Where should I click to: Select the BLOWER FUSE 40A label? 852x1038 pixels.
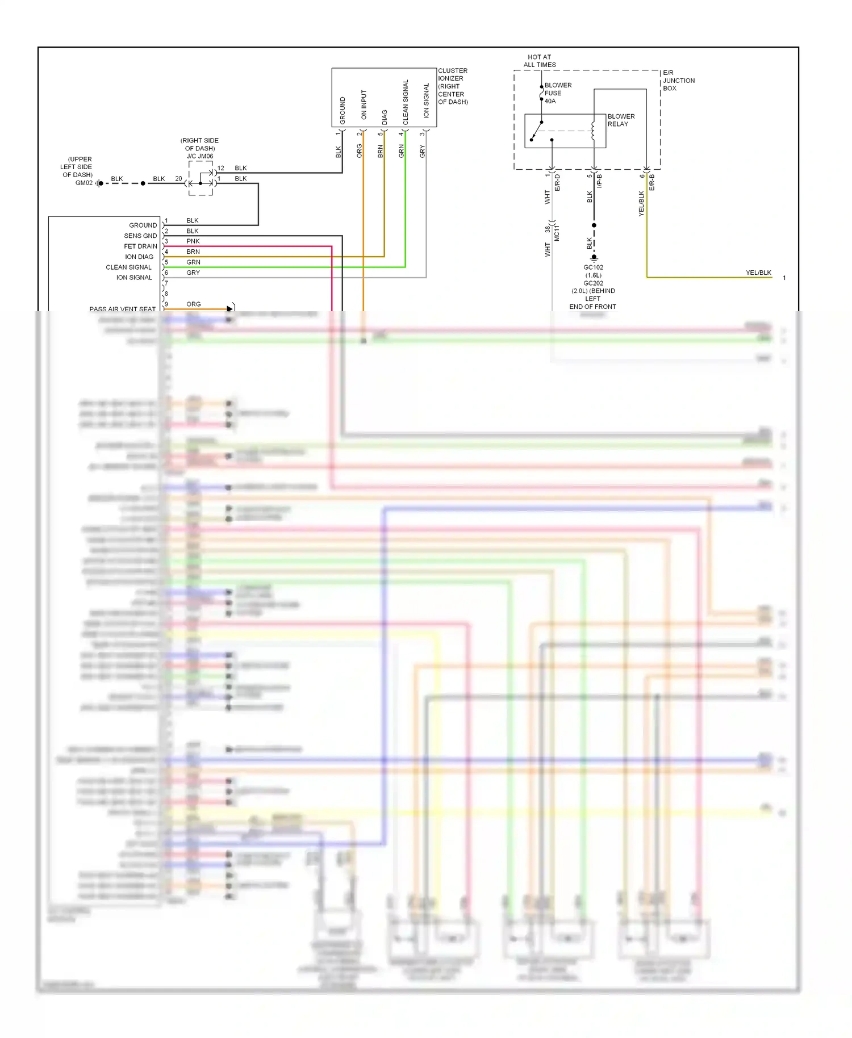click(557, 93)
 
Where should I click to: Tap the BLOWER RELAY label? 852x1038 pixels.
click(621, 120)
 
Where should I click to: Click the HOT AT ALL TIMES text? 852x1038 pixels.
click(539, 61)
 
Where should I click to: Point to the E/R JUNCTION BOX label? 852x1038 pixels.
click(678, 81)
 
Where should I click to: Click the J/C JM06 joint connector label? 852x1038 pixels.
click(200, 156)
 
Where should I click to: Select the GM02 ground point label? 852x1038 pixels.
click(83, 183)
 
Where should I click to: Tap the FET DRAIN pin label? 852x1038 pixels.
click(140, 246)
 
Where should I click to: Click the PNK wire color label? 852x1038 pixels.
click(193, 241)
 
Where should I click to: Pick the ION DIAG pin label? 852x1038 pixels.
click(139, 257)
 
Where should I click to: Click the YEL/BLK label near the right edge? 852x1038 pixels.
click(758, 273)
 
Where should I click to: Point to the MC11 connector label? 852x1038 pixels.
click(557, 233)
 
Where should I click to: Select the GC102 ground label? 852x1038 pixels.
click(593, 267)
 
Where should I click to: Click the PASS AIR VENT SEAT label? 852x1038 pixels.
click(122, 309)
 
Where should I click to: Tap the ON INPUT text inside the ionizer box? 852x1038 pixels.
click(364, 104)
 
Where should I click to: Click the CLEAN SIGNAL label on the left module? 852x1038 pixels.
click(128, 267)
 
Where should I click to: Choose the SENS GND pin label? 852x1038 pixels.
click(140, 236)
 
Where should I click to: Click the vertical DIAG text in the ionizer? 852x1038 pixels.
click(385, 117)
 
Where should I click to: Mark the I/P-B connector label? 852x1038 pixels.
click(599, 181)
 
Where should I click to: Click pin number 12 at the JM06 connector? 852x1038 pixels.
click(221, 168)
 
